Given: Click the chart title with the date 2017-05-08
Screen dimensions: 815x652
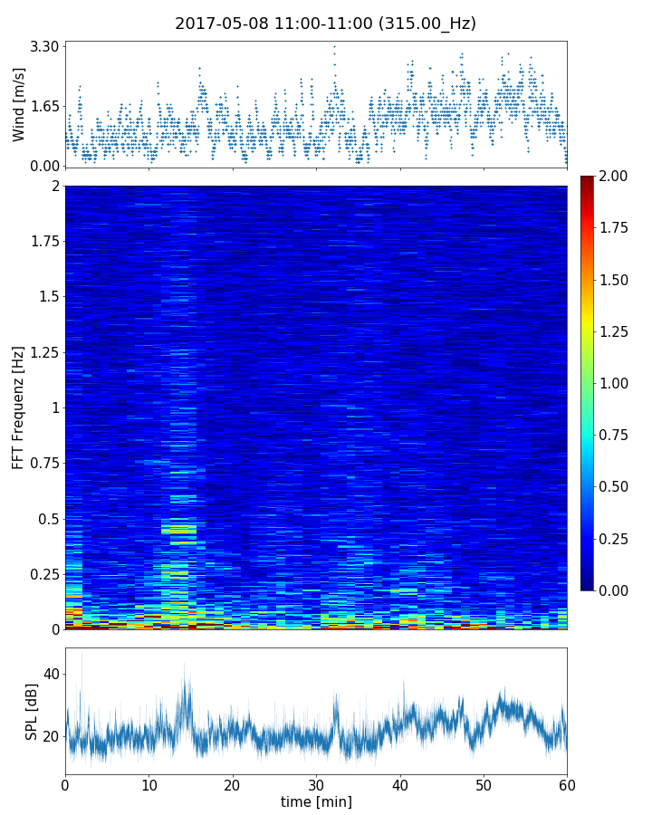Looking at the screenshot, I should point(325,24).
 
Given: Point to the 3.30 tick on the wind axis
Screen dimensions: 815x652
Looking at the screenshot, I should point(45,46).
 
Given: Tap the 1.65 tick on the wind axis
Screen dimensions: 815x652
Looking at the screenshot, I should point(45,106).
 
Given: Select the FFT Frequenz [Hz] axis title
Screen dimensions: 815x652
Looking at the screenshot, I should point(19,407).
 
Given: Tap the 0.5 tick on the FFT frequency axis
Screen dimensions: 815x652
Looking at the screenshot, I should point(48,519).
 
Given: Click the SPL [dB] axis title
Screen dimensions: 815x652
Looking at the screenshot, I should point(32,711).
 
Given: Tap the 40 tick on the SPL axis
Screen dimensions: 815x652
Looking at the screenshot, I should point(51,675).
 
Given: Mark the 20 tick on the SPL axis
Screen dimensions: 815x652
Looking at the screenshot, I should point(51,736).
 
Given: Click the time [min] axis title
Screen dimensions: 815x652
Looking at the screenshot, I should point(316,801).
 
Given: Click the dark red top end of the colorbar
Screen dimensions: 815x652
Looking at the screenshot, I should point(587,179).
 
